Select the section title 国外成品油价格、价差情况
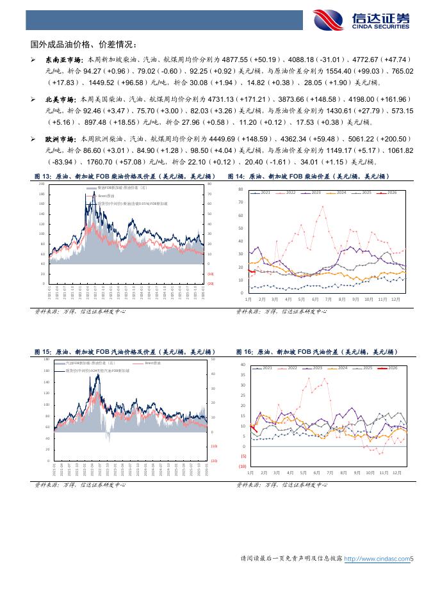83,44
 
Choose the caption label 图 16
245,352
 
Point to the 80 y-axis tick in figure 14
241,189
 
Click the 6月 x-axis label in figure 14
315,299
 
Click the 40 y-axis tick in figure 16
243,364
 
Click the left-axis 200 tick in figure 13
42,184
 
